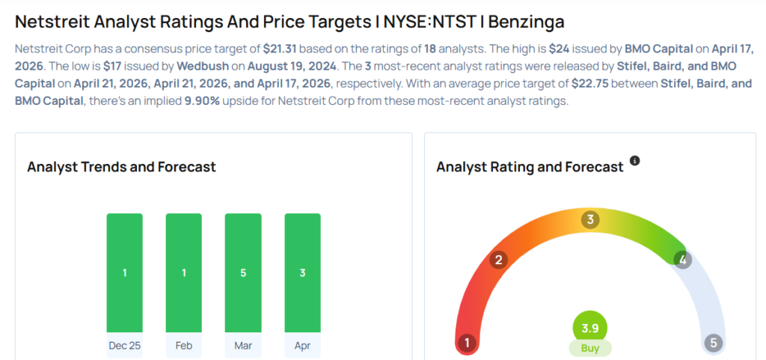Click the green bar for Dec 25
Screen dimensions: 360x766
coord(124,273)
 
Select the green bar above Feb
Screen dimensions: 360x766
coord(183,273)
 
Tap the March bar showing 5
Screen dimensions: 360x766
coord(243,273)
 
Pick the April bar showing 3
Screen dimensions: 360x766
coord(302,273)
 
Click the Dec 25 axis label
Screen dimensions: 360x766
coord(124,346)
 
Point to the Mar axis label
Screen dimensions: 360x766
coord(243,346)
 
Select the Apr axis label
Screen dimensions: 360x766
coord(302,346)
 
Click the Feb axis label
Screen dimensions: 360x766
coord(183,346)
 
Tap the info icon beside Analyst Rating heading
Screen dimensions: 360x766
coord(634,161)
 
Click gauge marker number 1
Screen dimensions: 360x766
coord(467,344)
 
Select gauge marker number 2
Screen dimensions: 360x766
coord(498,260)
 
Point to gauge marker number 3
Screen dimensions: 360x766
coord(590,220)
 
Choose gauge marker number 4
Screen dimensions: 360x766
coord(681,260)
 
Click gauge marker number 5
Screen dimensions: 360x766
coord(713,344)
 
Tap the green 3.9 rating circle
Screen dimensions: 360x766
coord(590,328)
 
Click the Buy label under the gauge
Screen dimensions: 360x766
coord(590,348)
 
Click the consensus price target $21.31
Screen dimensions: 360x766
coord(278,48)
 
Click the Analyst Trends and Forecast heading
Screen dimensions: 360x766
coord(121,167)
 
